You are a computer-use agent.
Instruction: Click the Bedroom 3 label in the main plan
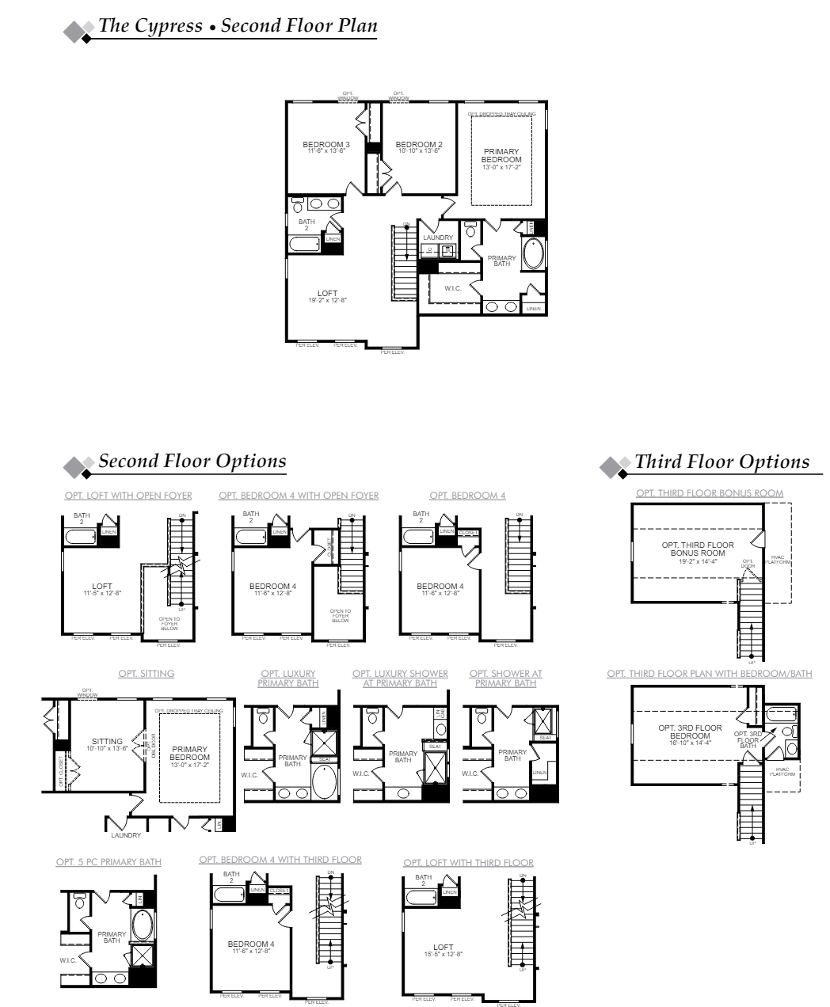(326, 144)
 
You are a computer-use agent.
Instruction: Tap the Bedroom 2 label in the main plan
(419, 144)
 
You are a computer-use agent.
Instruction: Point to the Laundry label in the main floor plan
(438, 237)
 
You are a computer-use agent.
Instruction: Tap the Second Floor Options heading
(192, 461)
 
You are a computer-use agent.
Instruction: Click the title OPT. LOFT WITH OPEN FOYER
(128, 496)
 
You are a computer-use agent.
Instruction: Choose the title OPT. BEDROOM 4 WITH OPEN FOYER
(299, 496)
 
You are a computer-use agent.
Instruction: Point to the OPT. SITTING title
(147, 674)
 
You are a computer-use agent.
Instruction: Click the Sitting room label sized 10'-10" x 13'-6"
(107, 742)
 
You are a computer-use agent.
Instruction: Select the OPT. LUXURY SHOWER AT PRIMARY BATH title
(400, 678)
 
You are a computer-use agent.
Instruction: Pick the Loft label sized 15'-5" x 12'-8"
(444, 947)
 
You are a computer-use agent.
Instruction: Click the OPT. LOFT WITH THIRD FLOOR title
(468, 863)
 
